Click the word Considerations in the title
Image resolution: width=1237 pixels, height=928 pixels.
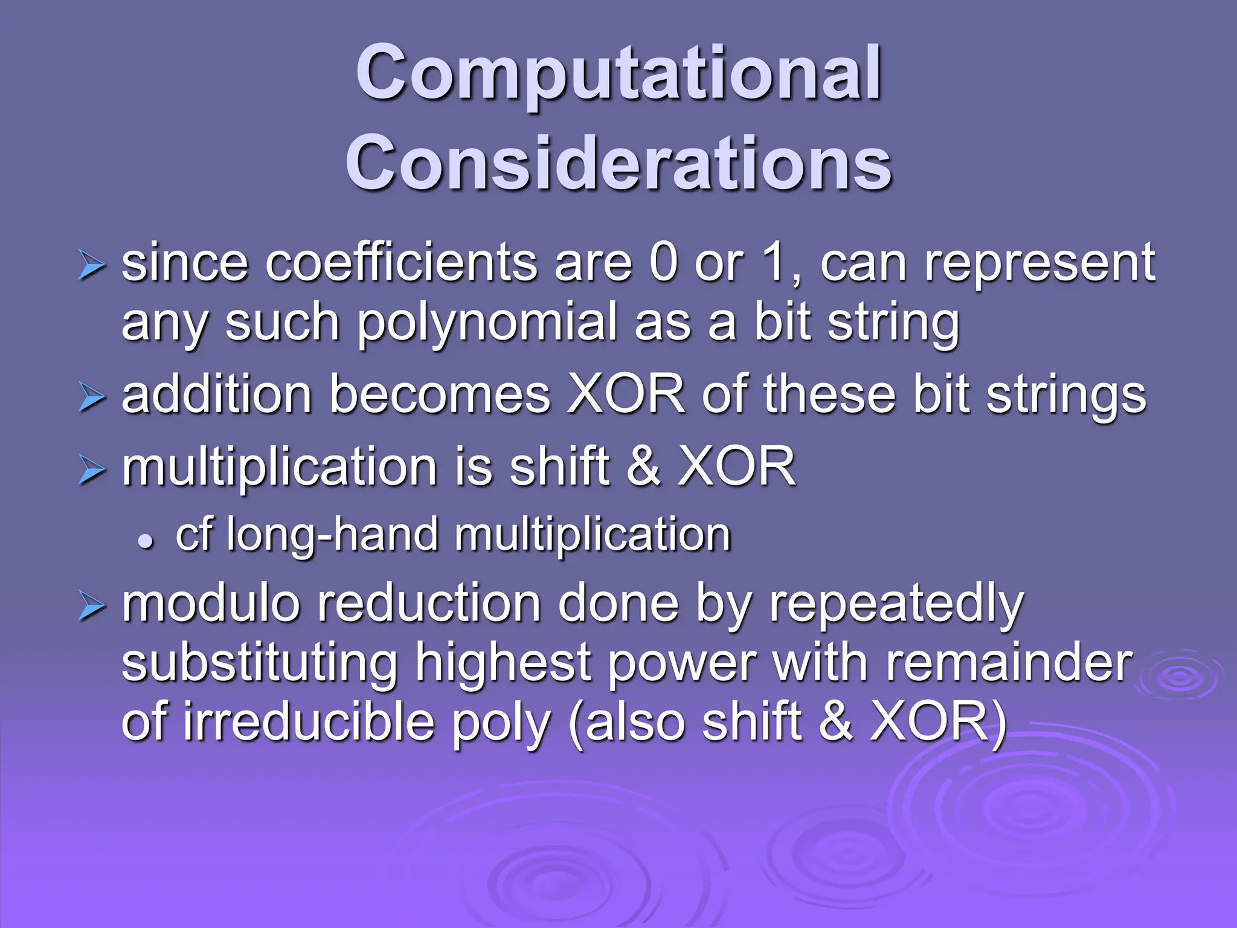pyautogui.click(x=618, y=163)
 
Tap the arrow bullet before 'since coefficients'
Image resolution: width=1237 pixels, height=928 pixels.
pyautogui.click(x=92, y=266)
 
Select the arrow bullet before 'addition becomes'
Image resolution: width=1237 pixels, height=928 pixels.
pyautogui.click(x=92, y=399)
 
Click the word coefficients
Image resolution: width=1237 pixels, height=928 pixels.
pyautogui.click(x=400, y=263)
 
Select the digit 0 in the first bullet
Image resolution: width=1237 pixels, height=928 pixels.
pyautogui.click(x=663, y=263)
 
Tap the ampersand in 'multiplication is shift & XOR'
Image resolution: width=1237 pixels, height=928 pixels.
pyautogui.click(x=643, y=466)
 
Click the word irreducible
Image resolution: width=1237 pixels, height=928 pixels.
pyautogui.click(x=308, y=723)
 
